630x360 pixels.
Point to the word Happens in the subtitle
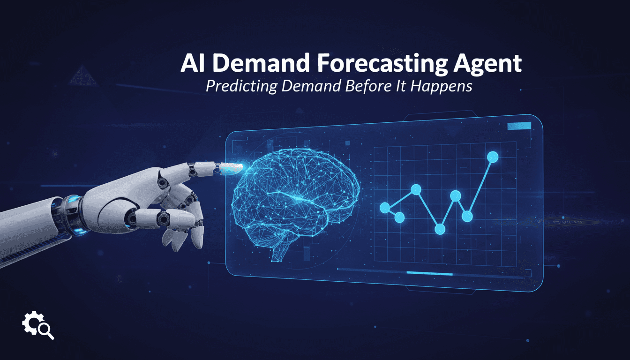coord(445,87)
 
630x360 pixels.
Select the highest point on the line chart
coord(493,157)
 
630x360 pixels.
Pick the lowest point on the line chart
coord(440,229)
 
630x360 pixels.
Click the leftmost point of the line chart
coord(385,208)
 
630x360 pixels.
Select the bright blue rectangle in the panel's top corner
coord(519,126)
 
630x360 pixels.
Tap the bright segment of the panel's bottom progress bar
coord(429,273)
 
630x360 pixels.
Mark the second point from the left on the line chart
coord(399,217)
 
